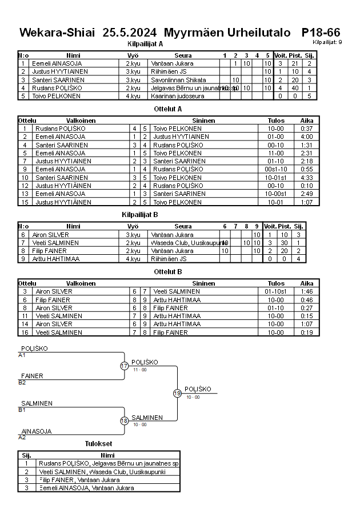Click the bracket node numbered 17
(125, 366)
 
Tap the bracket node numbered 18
(125, 421)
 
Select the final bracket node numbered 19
(178, 393)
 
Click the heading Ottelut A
(168, 108)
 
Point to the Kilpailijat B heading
(140, 214)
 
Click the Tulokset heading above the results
(98, 444)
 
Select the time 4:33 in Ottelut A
(307, 178)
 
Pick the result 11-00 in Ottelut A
(275, 153)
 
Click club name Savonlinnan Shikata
(179, 80)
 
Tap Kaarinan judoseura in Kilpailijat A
(177, 96)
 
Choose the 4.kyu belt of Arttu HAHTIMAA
(133, 259)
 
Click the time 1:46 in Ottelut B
(307, 291)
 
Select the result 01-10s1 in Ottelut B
(275, 291)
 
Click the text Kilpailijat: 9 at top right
(327, 42)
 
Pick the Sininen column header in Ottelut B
(203, 283)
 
